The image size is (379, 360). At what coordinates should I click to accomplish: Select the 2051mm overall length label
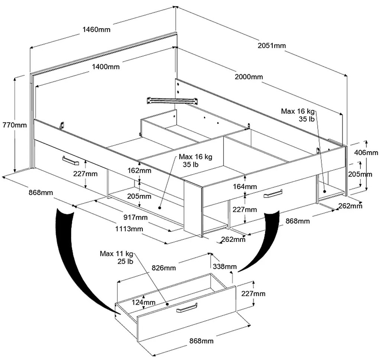coord(272,46)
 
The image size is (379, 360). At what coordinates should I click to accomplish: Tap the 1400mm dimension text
coord(106,67)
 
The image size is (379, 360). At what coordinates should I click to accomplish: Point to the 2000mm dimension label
coord(249,77)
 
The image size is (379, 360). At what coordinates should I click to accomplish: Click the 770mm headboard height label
coord(14,125)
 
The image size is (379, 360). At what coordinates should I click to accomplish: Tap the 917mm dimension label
coord(135,217)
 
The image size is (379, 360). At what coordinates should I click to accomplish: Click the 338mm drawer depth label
coord(225,266)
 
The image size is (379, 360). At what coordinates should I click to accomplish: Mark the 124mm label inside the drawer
coord(143,302)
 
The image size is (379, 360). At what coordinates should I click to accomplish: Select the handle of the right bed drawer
coord(273,194)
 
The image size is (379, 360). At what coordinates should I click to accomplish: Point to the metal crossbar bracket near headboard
coord(172,100)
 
